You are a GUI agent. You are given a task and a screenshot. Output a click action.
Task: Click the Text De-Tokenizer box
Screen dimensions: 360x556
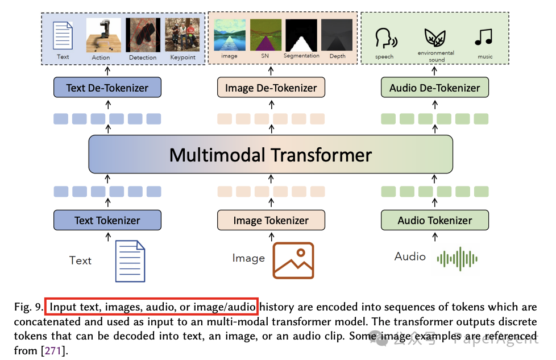tap(107, 88)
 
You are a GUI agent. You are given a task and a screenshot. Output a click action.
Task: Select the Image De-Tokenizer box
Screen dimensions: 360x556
tap(271, 88)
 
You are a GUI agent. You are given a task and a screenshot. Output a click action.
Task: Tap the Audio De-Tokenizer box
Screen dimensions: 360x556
tap(434, 88)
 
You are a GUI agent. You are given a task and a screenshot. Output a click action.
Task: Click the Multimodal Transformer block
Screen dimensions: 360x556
tap(271, 155)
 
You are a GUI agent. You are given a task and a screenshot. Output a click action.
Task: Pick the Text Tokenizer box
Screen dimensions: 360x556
tap(107, 220)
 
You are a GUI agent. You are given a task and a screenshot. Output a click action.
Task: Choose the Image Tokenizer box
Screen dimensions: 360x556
tap(271, 220)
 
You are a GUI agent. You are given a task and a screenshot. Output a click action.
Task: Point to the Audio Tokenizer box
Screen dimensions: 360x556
tap(434, 220)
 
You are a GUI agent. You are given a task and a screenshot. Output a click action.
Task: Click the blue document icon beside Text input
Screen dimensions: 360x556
tap(130, 261)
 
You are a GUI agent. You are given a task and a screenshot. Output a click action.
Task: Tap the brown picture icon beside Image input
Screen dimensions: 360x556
tap(293, 260)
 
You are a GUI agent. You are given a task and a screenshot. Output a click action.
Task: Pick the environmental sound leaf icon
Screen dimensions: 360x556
tap(435, 36)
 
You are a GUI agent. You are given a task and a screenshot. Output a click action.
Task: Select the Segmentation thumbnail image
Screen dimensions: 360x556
tap(301, 36)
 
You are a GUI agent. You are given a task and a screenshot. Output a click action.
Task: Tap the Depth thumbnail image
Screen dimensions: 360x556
tap(337, 36)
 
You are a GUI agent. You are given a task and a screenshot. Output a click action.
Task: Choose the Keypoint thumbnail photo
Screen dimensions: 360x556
tap(182, 35)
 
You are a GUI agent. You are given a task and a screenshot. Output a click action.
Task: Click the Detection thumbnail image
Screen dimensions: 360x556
tap(143, 35)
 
